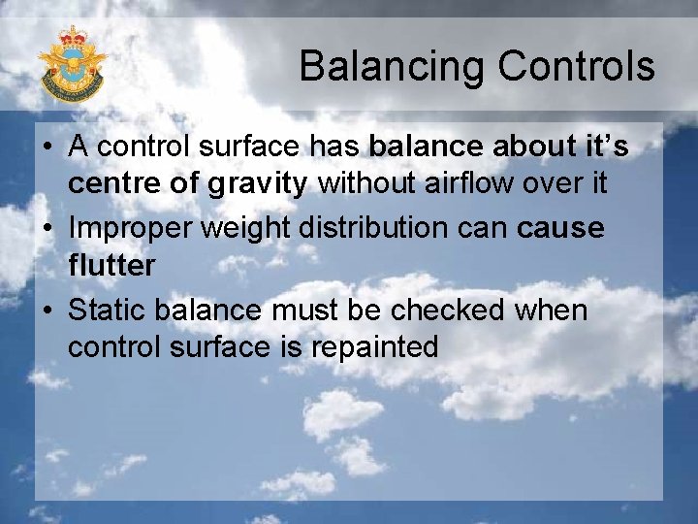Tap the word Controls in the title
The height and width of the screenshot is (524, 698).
coord(576,66)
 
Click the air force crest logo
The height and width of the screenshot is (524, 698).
coord(71,65)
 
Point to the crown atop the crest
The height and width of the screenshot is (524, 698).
coord(72,37)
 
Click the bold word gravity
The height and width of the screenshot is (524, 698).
coord(262,183)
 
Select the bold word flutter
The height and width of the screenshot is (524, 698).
coord(111,264)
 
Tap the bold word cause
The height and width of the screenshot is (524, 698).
coord(560,229)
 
